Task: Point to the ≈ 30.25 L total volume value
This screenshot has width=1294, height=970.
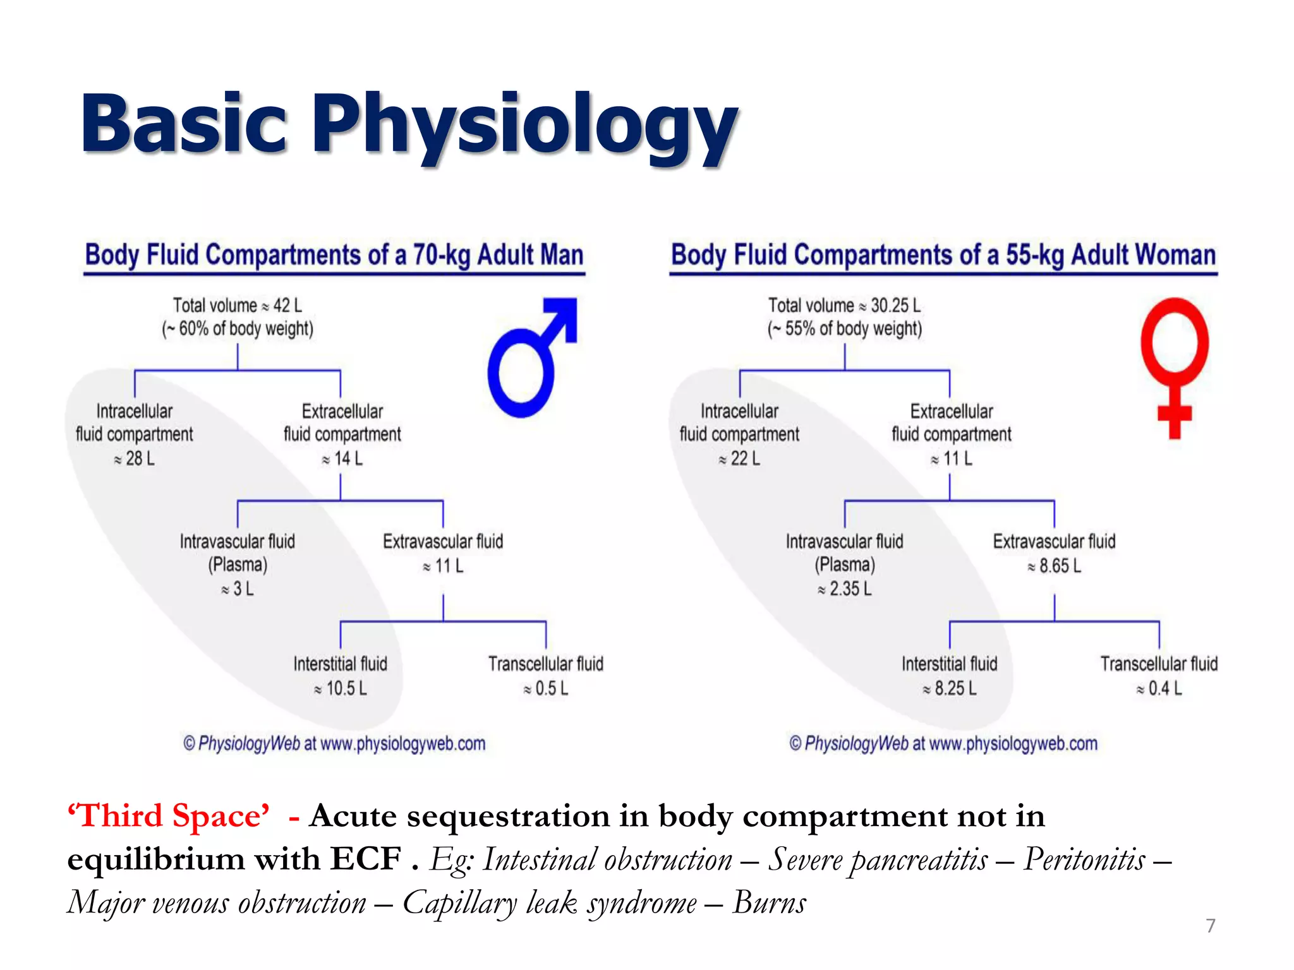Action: point(890,306)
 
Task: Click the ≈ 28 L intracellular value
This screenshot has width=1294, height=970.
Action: point(134,458)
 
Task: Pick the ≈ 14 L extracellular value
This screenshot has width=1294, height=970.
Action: point(342,458)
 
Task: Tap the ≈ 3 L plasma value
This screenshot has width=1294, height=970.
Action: point(238,589)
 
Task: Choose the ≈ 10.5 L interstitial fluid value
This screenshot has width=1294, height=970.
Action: point(341,688)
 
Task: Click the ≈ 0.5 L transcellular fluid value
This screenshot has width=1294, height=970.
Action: point(546,688)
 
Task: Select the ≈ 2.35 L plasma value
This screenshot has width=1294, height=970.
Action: point(845,589)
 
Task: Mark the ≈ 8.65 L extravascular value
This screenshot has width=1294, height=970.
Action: point(1055,565)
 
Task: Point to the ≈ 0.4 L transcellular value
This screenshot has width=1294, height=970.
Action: point(1159,688)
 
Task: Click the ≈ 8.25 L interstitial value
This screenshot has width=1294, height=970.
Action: point(950,688)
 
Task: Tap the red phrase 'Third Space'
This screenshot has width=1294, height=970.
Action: point(169,816)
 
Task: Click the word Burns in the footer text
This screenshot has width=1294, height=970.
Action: point(769,902)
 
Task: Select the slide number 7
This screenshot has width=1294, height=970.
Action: point(1211,926)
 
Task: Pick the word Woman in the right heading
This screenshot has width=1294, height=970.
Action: point(1175,255)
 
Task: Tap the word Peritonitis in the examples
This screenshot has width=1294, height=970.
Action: point(1084,859)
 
